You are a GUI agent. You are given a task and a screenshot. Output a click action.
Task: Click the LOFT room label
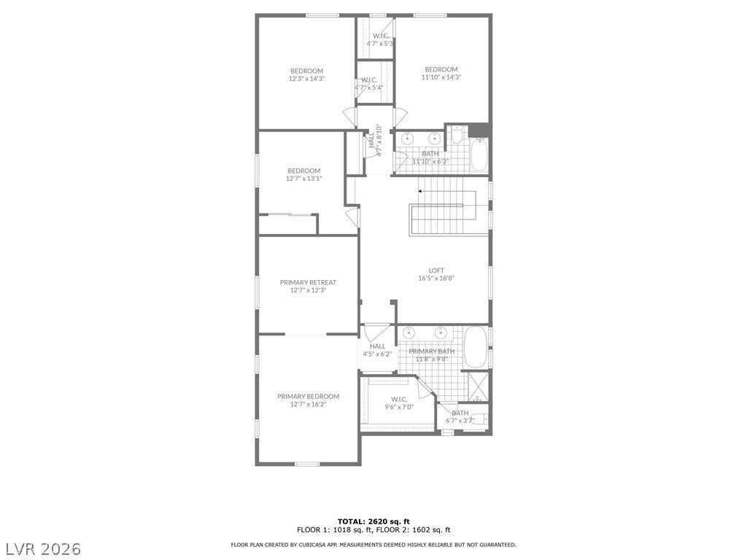click(x=436, y=271)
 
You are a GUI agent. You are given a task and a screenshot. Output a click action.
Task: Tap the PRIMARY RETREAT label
click(x=308, y=282)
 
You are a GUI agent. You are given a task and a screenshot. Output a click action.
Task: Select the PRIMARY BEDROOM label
click(x=309, y=396)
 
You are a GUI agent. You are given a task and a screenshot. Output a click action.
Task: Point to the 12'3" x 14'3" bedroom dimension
click(x=306, y=79)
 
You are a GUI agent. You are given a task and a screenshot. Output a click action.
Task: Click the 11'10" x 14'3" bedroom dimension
click(x=441, y=77)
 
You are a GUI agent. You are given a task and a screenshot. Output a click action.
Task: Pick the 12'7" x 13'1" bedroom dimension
click(x=304, y=179)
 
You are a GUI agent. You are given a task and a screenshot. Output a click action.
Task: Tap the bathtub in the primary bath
click(x=475, y=347)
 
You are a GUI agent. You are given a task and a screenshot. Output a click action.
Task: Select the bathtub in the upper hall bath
click(x=479, y=155)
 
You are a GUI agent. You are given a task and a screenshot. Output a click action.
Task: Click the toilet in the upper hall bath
click(x=457, y=135)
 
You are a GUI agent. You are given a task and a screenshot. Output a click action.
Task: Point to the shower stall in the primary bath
click(x=478, y=386)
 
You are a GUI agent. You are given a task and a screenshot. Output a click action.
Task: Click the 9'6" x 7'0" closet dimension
click(x=399, y=407)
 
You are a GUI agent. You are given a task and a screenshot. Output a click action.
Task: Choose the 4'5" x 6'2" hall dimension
click(x=377, y=354)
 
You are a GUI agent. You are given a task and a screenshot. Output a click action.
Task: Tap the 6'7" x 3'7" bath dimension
click(x=460, y=421)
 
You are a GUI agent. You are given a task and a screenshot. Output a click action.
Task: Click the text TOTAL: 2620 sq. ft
click(x=373, y=521)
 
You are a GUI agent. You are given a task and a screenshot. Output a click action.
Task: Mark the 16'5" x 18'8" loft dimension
click(x=436, y=279)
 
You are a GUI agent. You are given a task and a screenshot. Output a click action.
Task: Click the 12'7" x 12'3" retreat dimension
click(x=308, y=290)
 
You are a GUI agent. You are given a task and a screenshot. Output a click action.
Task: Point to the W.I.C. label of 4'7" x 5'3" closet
click(x=380, y=36)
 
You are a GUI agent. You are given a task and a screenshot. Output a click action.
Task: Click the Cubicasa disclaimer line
click(x=373, y=545)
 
